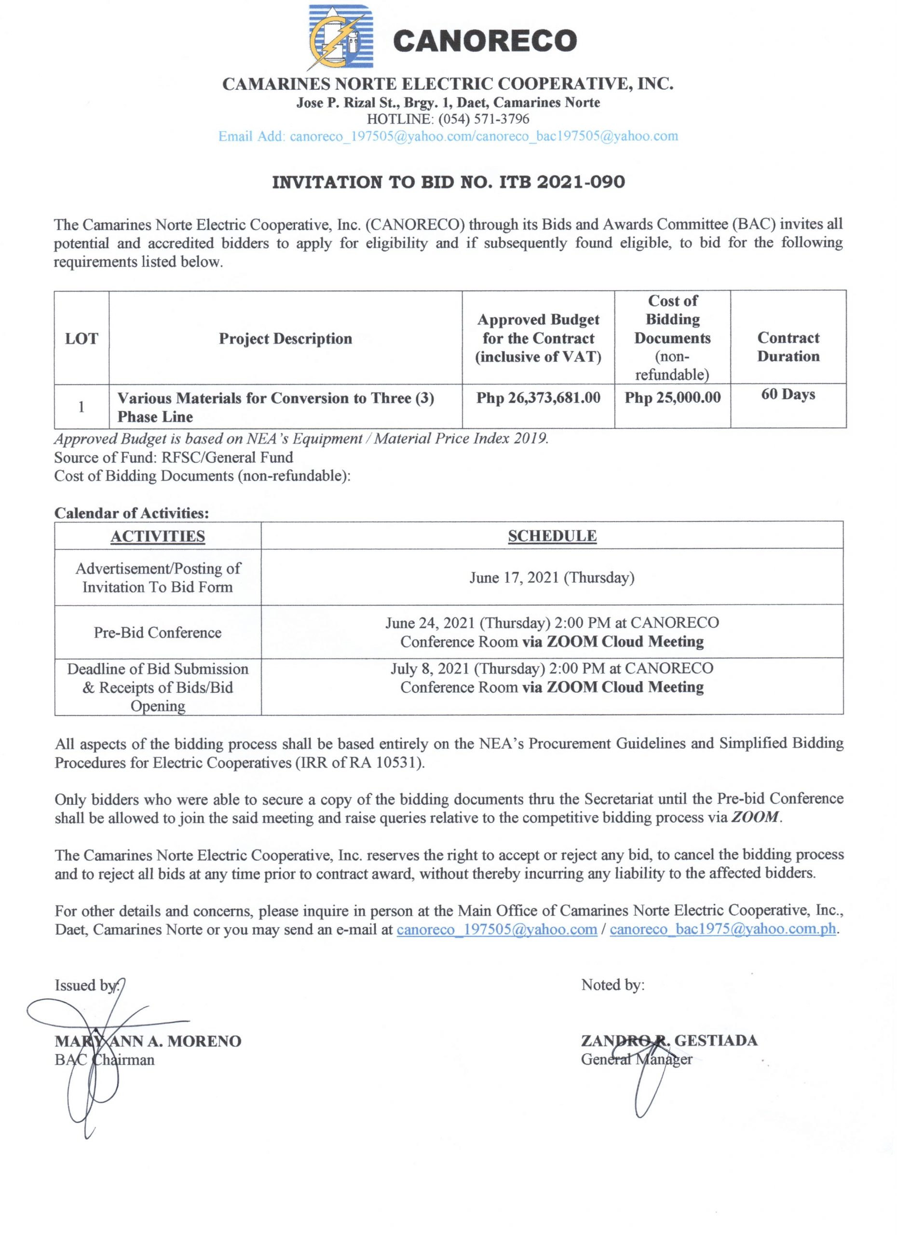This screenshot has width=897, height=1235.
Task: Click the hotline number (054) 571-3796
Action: pos(483,119)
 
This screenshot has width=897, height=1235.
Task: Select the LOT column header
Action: pos(81,339)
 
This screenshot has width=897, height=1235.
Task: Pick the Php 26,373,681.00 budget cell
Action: pos(538,398)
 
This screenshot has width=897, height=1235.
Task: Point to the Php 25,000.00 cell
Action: pos(672,398)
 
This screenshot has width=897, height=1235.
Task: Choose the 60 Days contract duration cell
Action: pos(788,394)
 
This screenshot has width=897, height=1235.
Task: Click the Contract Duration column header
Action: pos(788,347)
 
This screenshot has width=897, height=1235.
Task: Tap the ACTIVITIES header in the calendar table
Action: pos(158,536)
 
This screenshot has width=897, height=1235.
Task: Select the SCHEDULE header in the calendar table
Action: pos(552,536)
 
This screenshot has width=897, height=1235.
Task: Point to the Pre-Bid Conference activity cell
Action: pos(158,633)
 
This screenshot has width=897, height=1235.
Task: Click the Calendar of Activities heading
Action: pos(131,513)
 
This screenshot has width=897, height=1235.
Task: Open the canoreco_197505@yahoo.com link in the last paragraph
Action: pos(496,930)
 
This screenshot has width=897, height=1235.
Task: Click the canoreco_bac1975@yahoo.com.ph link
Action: pos(722,930)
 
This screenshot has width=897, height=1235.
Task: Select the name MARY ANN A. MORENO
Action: pos(148,1041)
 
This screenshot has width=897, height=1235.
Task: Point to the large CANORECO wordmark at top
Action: pos(484,41)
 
